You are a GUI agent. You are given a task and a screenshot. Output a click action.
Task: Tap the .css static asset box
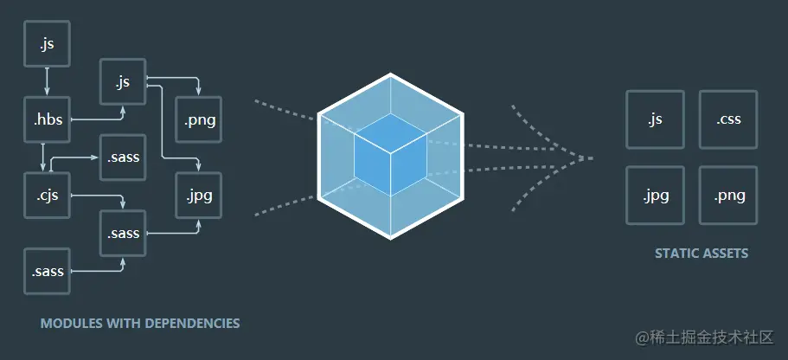[727, 119]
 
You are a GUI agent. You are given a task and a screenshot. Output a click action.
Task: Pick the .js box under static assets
[655, 119]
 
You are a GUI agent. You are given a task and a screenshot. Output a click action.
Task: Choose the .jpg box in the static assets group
[655, 195]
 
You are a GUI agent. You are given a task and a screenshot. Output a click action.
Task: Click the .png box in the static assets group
[727, 195]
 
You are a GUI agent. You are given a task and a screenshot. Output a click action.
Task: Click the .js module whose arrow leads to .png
[123, 82]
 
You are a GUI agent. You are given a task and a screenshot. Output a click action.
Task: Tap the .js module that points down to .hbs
[47, 44]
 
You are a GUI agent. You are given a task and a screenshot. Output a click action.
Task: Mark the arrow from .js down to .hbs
[47, 82]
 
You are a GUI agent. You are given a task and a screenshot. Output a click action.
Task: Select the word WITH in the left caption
[119, 324]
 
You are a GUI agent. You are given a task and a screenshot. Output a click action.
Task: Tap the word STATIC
[676, 254]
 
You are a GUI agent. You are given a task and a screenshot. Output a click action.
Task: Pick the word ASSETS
[726, 254]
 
